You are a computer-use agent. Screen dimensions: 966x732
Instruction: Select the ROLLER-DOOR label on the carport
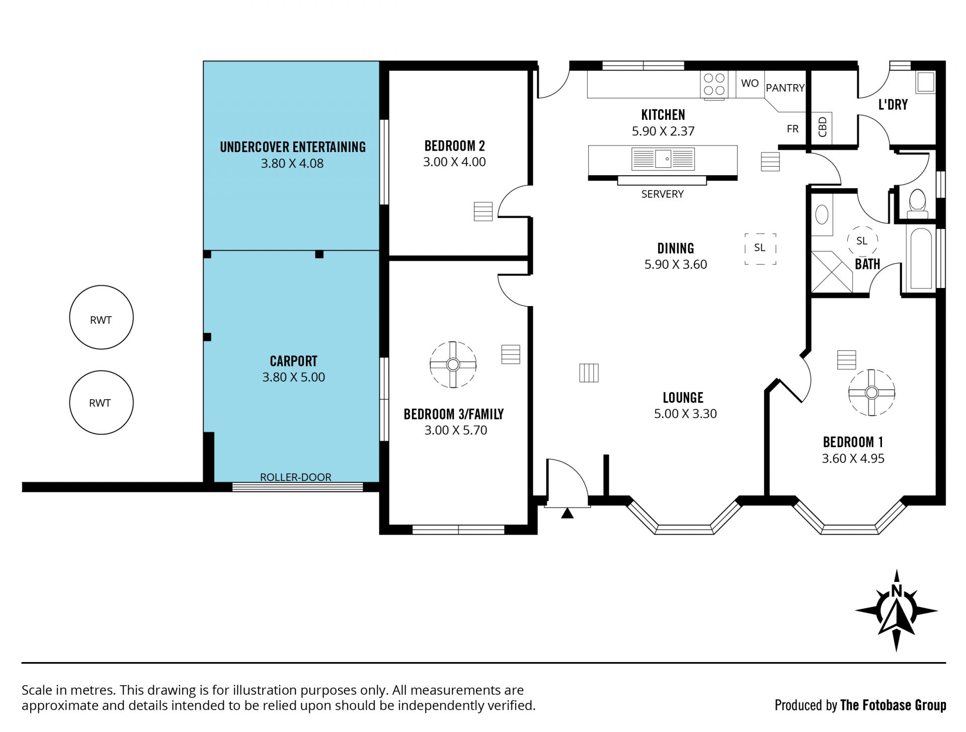tap(296, 477)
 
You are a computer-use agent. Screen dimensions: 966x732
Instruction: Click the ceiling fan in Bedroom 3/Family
tap(453, 364)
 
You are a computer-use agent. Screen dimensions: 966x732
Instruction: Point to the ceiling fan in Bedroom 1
tap(871, 393)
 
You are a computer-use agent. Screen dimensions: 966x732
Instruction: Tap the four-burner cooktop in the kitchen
tap(714, 85)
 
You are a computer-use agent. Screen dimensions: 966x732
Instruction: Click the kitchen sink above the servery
tap(663, 159)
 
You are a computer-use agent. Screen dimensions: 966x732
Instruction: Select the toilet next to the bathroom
tap(917, 204)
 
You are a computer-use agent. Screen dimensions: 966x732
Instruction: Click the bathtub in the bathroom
tap(921, 259)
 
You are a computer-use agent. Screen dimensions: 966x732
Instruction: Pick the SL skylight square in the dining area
tap(760, 248)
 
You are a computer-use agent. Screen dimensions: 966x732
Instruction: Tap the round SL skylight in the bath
tap(862, 241)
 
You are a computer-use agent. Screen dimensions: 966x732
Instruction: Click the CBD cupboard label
tap(823, 127)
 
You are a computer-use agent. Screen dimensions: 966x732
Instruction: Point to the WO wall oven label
tap(750, 83)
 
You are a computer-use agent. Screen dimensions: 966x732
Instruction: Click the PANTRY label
tap(785, 88)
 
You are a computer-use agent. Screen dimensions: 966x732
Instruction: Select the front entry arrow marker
tap(567, 513)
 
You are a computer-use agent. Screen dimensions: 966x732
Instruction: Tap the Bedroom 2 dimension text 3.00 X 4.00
tap(454, 162)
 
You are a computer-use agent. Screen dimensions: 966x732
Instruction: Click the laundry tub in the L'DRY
tap(925, 82)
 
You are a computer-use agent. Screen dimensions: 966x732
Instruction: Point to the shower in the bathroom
tap(832, 271)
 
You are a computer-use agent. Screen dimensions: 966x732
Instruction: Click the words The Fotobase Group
tap(893, 706)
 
